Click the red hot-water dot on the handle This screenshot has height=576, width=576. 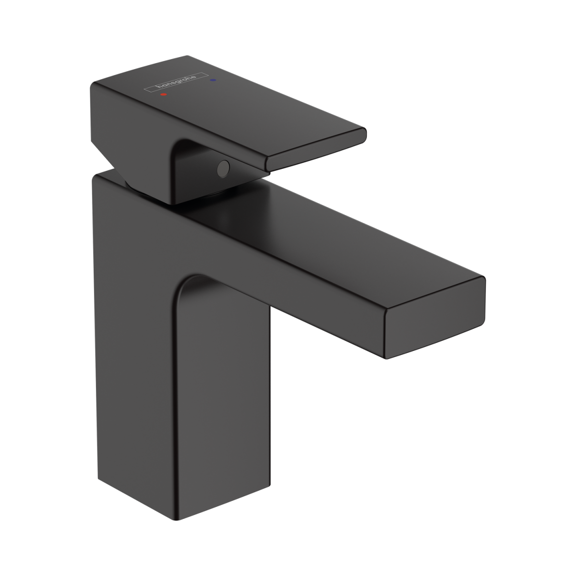(x=163, y=95)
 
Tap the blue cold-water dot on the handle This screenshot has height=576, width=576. (x=213, y=80)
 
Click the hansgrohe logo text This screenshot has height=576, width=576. (x=176, y=82)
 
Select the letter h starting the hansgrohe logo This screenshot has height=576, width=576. (x=158, y=87)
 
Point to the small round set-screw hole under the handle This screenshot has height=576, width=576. (x=224, y=169)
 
